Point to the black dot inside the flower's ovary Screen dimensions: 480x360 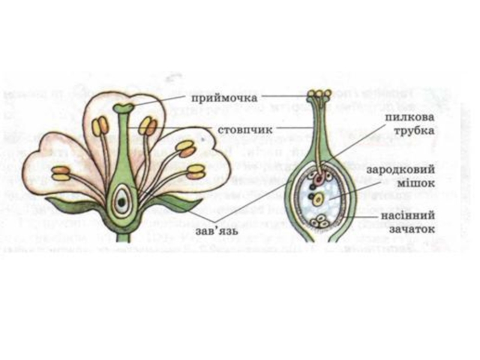click(x=122, y=202)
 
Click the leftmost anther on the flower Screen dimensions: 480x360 click(x=60, y=173)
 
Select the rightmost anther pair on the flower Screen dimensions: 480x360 click(x=196, y=172)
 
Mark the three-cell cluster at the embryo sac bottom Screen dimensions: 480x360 click(x=321, y=221)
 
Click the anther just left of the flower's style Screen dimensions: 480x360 click(x=101, y=127)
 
